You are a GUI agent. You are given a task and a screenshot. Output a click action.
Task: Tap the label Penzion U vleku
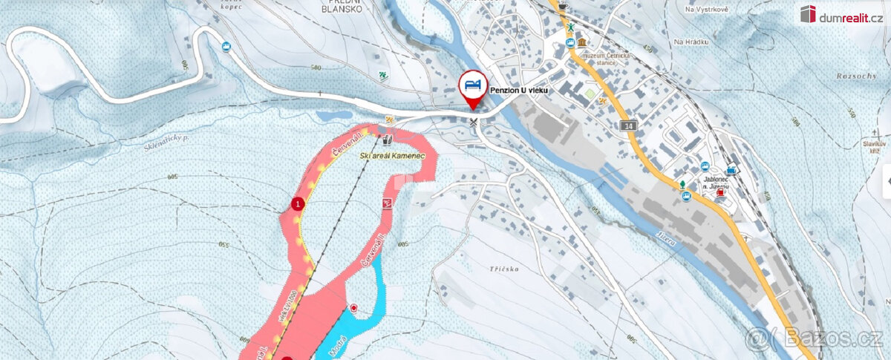click(518, 88)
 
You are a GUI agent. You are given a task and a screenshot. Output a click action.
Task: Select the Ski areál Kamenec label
click(392, 157)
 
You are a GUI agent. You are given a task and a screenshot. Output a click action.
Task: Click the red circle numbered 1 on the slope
click(298, 203)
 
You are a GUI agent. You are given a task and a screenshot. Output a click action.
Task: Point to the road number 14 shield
click(630, 127)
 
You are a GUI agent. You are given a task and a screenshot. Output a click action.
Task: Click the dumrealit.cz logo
click(841, 13)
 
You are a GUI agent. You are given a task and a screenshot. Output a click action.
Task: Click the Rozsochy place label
click(855, 76)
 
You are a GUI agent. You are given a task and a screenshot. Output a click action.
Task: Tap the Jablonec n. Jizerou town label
click(713, 183)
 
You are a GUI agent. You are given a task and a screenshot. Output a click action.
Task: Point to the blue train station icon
click(734, 168)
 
